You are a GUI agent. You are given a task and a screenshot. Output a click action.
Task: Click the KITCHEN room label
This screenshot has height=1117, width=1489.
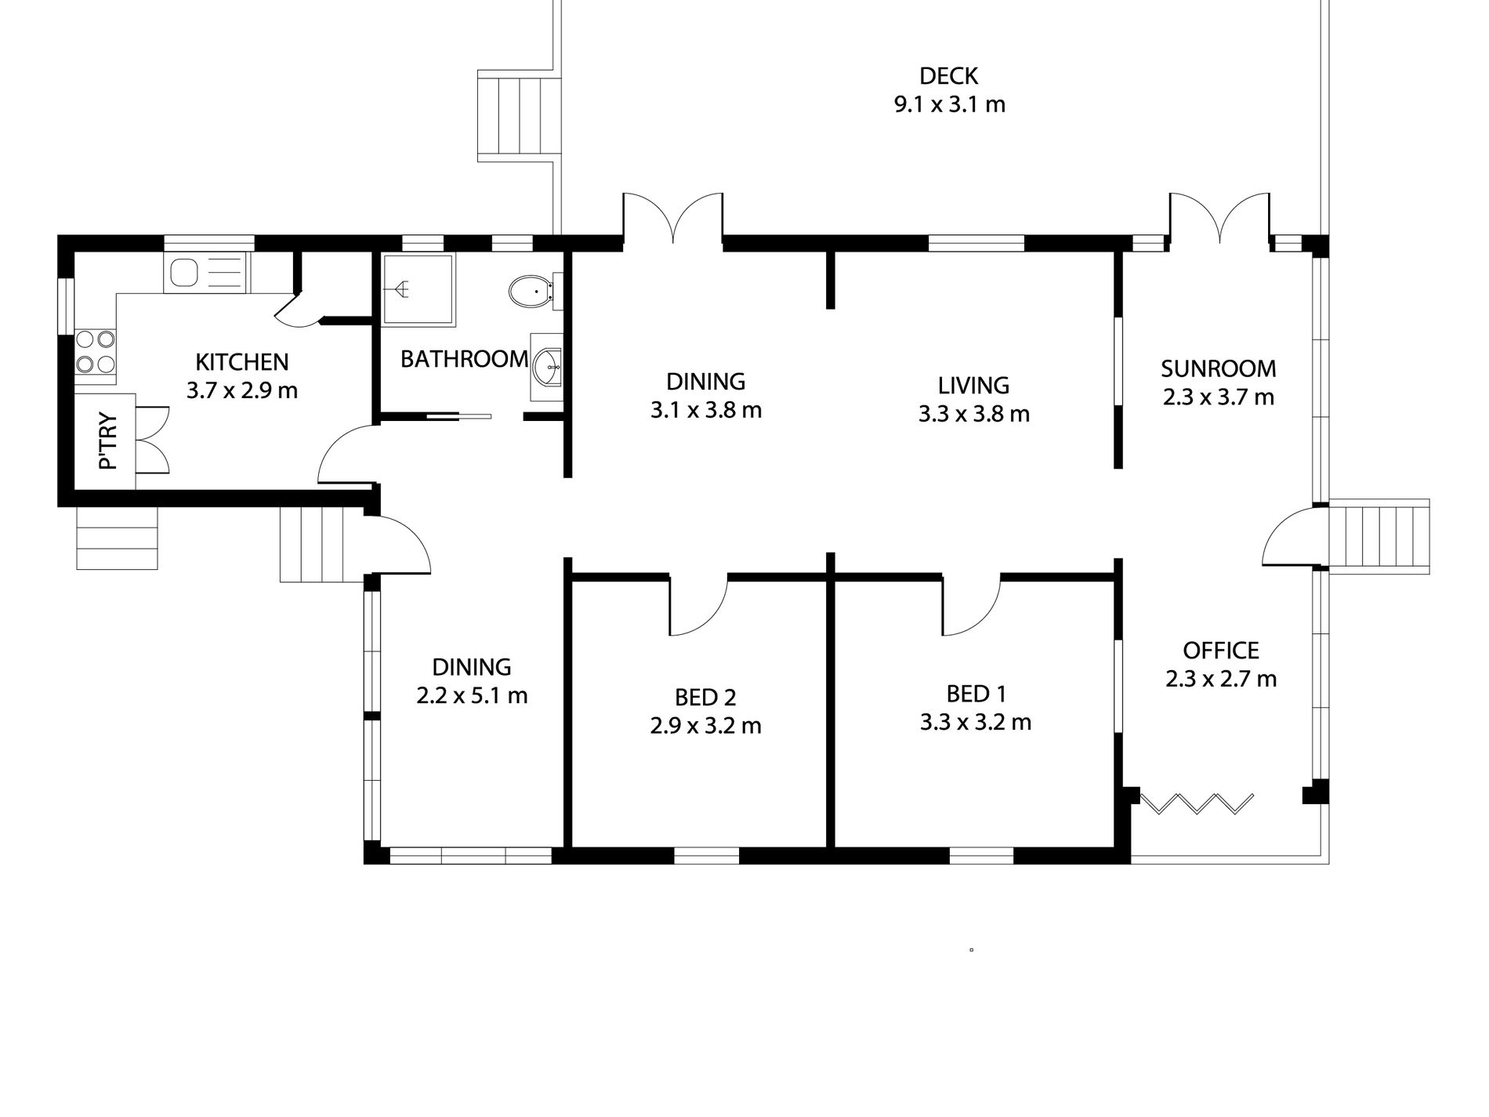tap(241, 362)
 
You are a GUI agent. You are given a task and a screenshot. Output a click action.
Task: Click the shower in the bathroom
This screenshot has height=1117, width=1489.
tap(418, 289)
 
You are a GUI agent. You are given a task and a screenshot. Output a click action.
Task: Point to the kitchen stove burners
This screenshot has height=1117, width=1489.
tap(96, 352)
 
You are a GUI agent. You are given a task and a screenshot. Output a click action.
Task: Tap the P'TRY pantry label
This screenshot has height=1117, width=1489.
tap(108, 441)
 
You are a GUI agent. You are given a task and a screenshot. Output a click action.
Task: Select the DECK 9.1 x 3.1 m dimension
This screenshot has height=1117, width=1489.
tap(949, 104)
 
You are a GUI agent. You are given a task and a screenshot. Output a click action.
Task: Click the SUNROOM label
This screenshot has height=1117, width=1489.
tap(1218, 368)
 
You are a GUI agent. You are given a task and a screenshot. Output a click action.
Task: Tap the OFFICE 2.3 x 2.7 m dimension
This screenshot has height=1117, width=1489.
tap(1220, 679)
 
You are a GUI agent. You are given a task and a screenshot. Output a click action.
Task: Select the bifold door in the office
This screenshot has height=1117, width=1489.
tap(1196, 803)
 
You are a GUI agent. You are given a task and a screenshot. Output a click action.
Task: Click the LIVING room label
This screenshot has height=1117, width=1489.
tap(973, 386)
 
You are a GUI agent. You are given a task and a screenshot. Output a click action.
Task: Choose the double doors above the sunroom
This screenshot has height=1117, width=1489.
tap(1219, 216)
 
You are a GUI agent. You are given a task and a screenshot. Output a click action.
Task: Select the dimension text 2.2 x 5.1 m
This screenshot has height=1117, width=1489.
tap(472, 695)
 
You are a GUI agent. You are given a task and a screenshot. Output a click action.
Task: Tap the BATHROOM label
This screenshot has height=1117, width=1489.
tap(464, 359)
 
